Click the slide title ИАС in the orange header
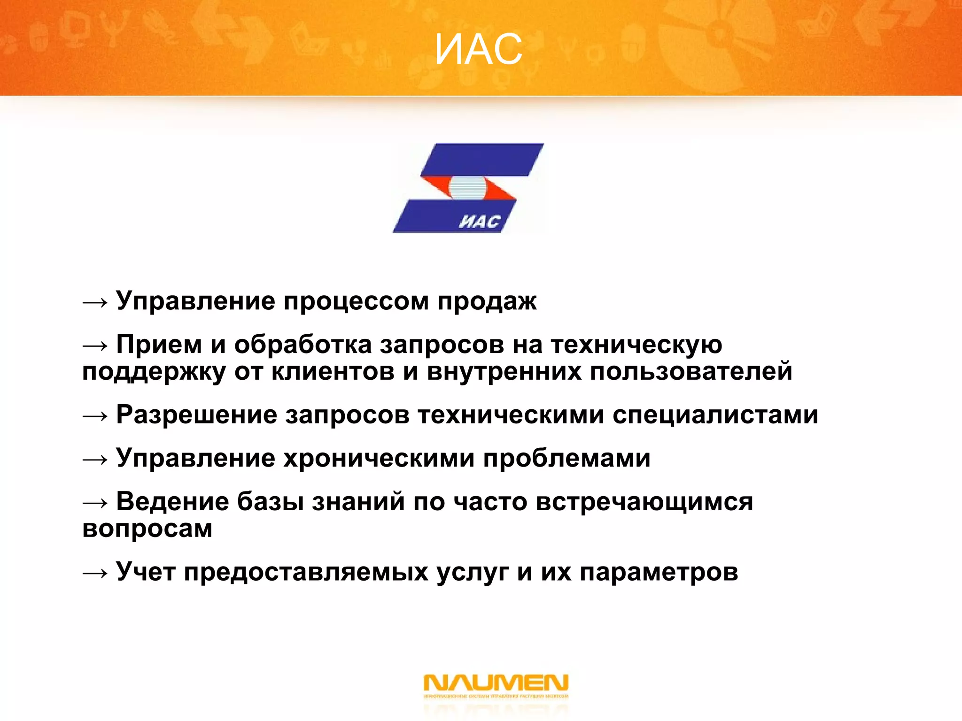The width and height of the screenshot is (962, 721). [478, 50]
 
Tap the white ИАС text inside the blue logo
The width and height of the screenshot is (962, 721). [479, 222]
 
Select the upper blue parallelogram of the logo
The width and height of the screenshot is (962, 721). [481, 160]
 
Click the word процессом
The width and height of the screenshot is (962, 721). [356, 301]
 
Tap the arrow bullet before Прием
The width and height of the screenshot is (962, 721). [95, 346]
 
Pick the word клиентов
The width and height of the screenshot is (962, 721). [333, 372]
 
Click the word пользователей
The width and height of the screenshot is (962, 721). [691, 372]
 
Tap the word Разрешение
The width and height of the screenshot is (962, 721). [197, 415]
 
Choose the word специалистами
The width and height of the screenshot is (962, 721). [715, 415]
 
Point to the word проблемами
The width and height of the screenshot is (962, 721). [566, 458]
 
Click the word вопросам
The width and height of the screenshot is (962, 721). [147, 529]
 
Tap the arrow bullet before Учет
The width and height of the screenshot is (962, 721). [95, 573]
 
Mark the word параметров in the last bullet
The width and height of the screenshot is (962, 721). [659, 572]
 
